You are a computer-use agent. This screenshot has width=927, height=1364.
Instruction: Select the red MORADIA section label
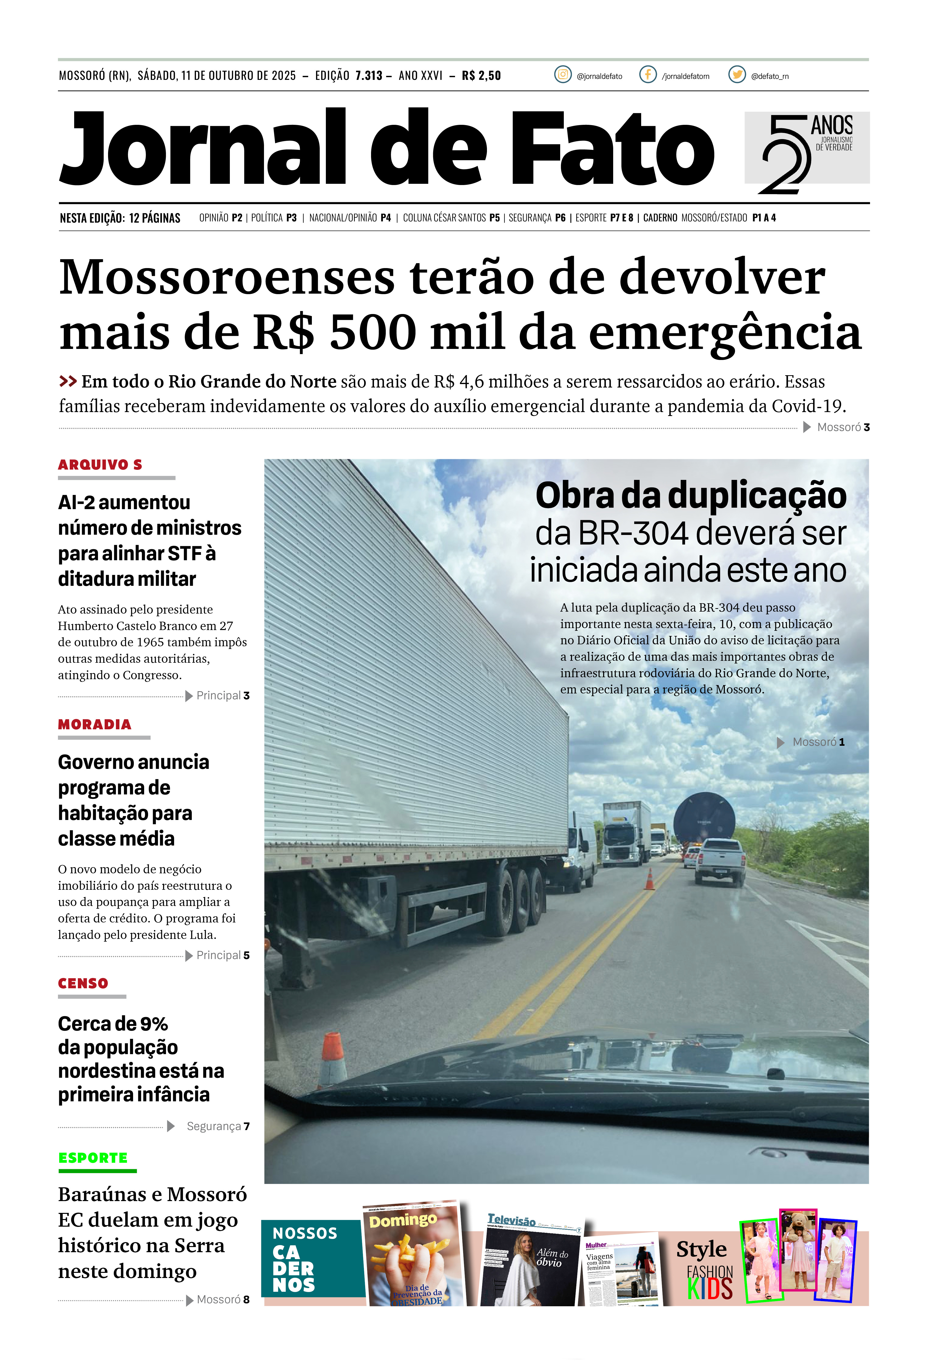tap(95, 724)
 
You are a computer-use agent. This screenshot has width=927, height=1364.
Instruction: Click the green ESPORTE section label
tap(93, 1158)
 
